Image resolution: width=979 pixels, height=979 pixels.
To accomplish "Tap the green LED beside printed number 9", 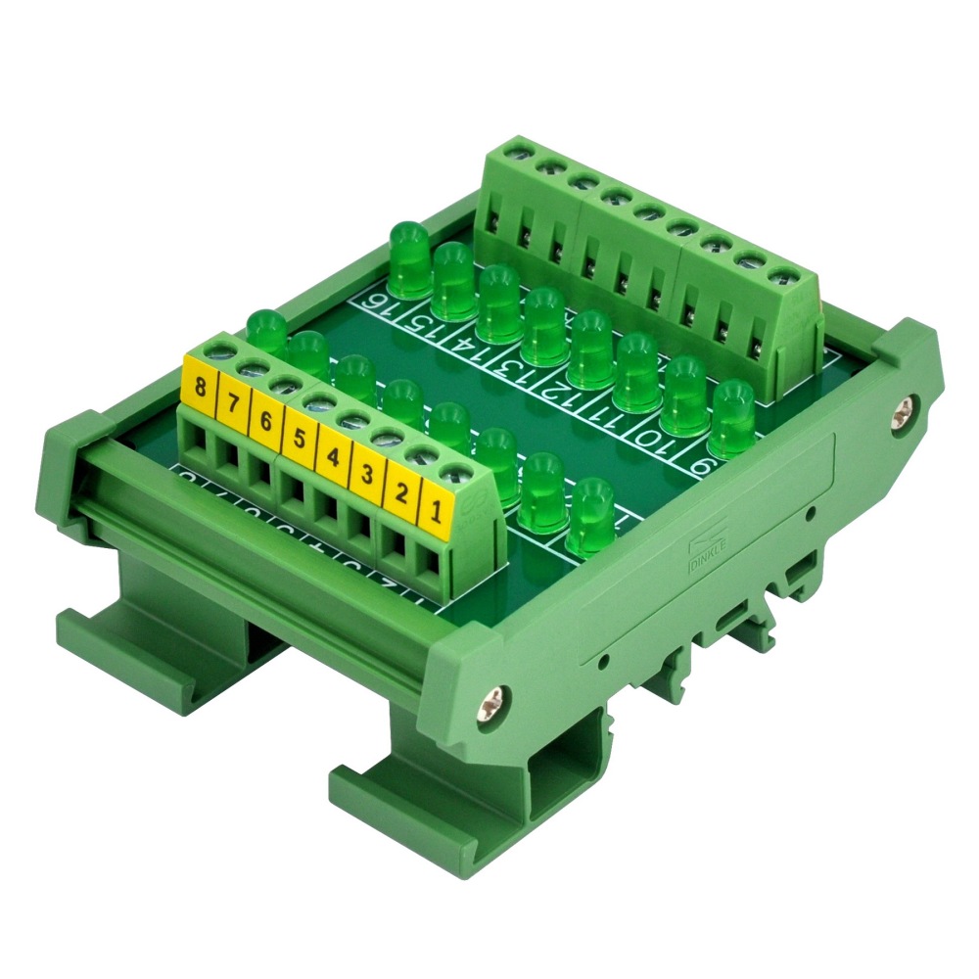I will click(x=730, y=419).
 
